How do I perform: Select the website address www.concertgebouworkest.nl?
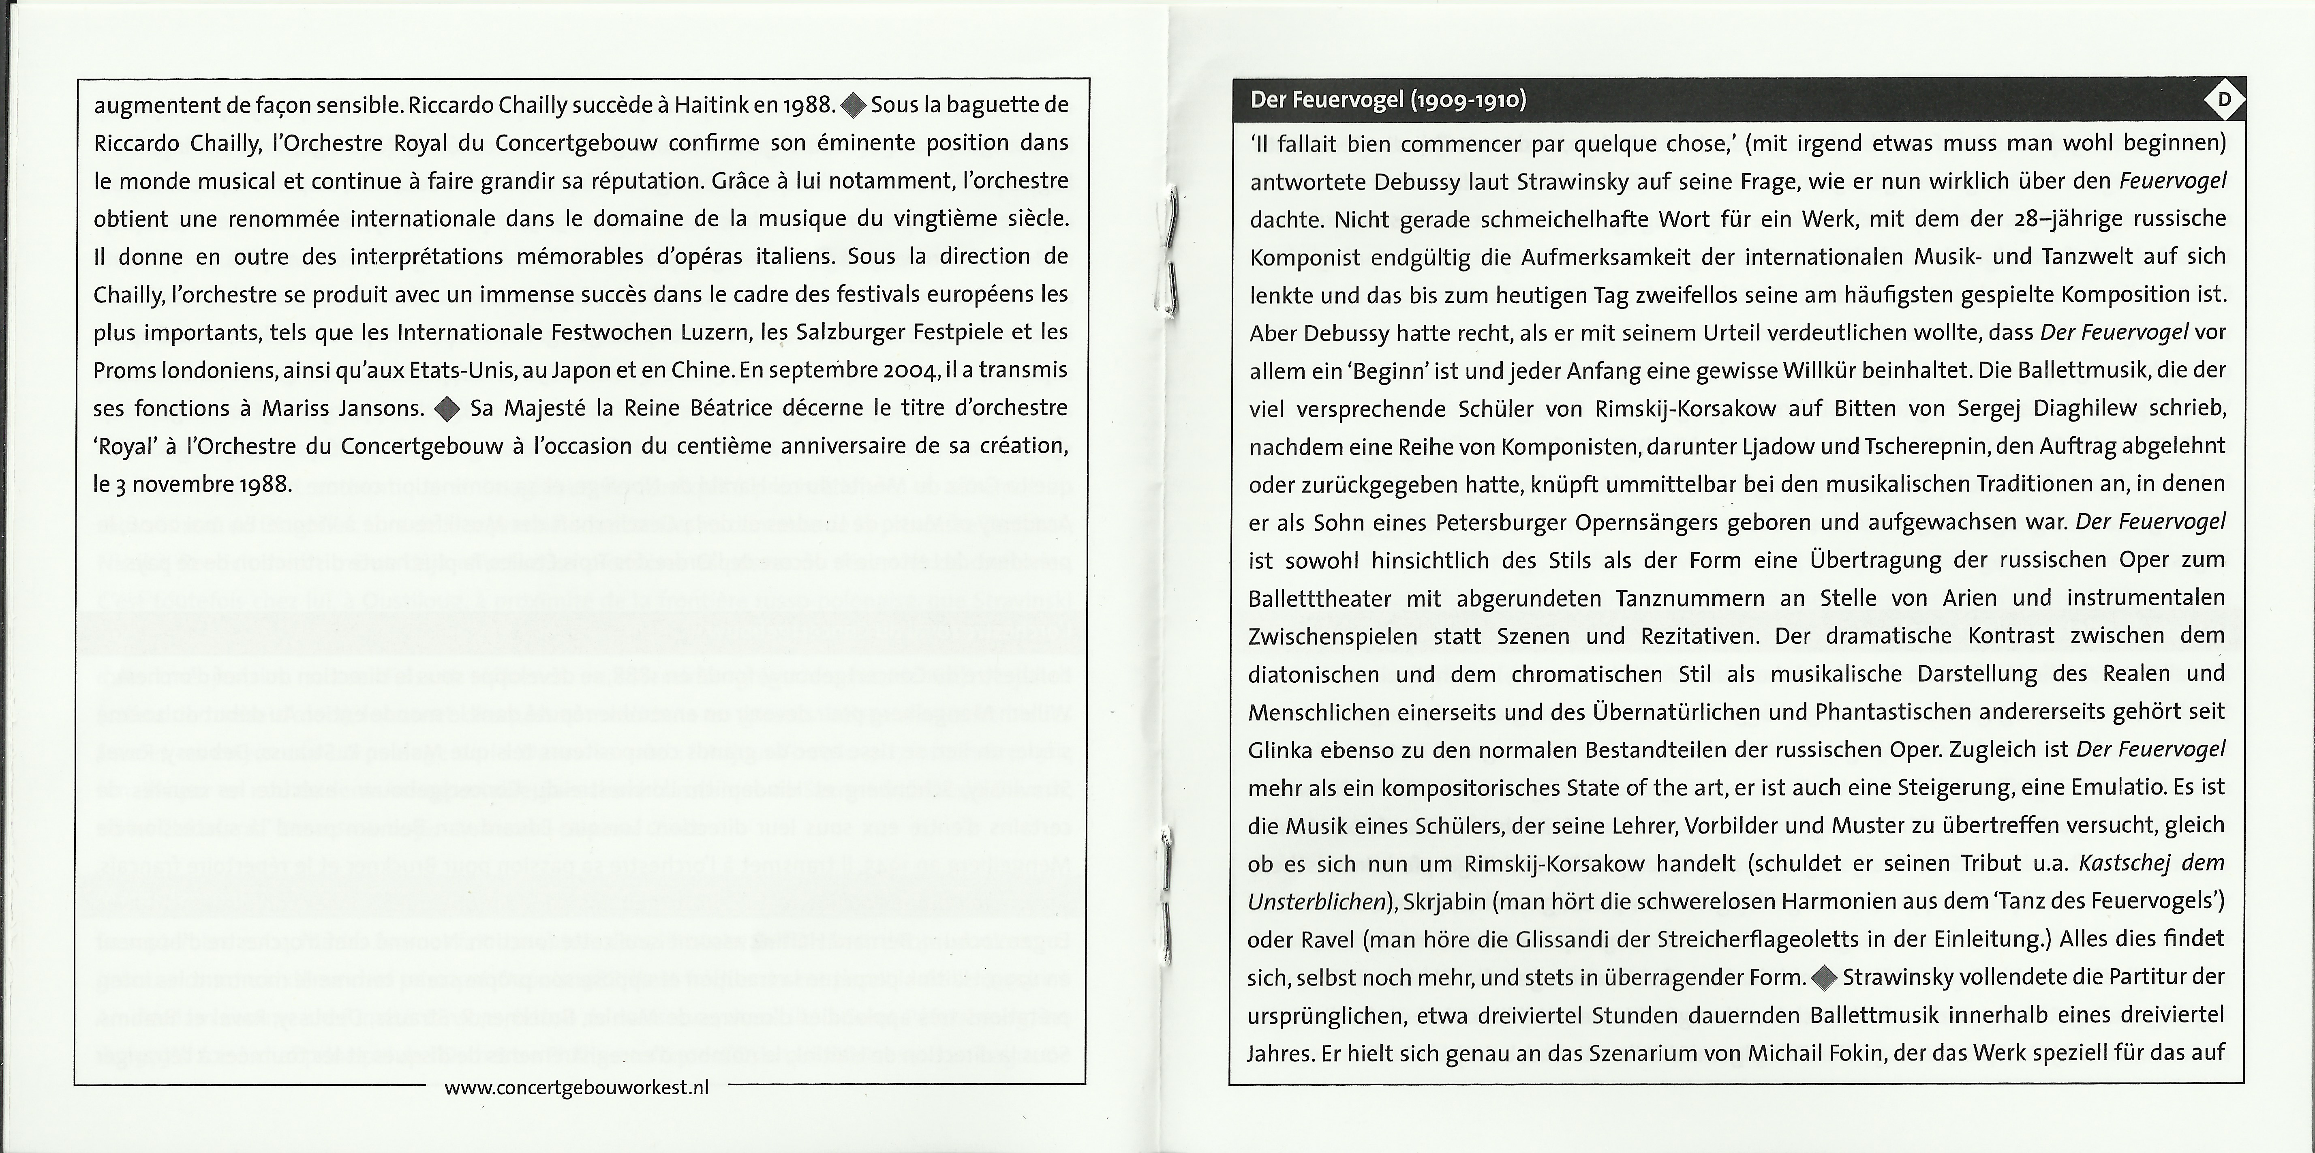coord(576,1087)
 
